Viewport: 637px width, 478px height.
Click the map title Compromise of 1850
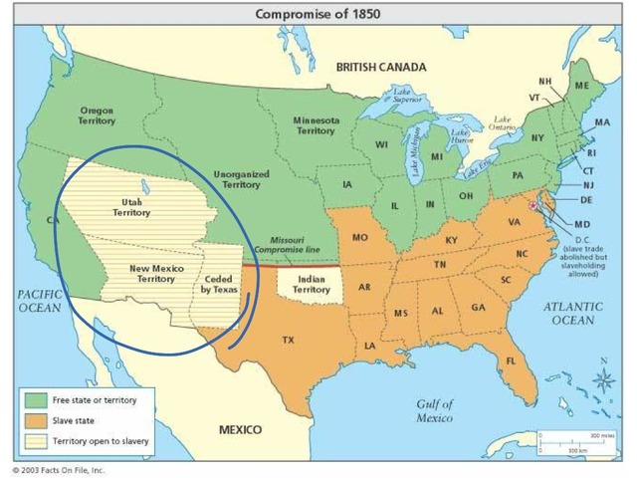(318, 14)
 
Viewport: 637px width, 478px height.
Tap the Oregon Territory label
(97, 115)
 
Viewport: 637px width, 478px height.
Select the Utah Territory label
(131, 206)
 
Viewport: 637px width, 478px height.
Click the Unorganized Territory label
(241, 178)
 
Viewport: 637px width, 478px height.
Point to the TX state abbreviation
(288, 340)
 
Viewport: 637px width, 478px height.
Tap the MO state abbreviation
(359, 237)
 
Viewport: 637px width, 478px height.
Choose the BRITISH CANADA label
(380, 67)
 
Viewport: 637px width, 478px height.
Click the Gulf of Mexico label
(436, 411)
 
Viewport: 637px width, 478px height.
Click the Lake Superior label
(402, 97)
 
